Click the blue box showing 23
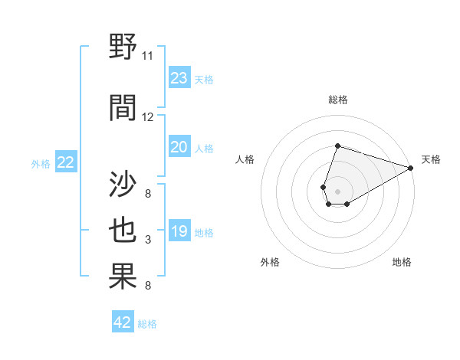point(179,77)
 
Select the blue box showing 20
point(179,147)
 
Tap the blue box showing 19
point(179,231)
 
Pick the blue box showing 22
point(66,162)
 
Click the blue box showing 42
point(123,322)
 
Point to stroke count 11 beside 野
point(148,56)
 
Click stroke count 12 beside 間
point(148,117)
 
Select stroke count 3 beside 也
point(148,240)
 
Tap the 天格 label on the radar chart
point(431,159)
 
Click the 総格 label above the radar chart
point(337,100)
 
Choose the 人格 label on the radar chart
point(245,159)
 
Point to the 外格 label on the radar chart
point(270,262)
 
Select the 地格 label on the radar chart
point(402,262)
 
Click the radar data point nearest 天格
point(411,168)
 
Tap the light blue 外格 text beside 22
point(41,163)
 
